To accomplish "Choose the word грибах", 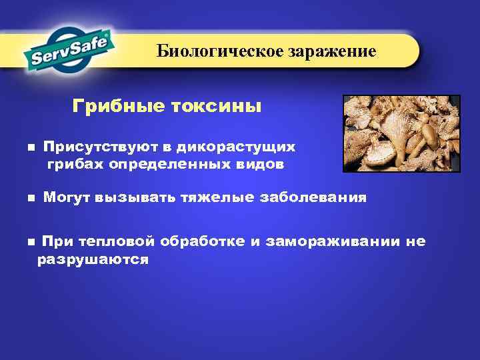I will click(71, 164).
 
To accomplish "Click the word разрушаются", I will click(93, 259).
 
